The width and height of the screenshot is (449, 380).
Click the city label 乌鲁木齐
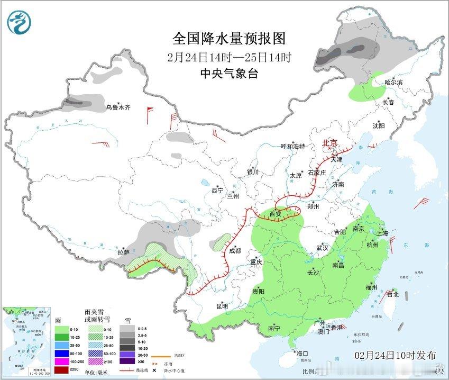[117, 107]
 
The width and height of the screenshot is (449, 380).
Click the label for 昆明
[222, 306]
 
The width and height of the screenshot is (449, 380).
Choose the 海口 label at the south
[302, 354]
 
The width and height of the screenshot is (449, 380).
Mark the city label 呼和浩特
[292, 147]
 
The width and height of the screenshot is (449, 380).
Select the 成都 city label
[235, 251]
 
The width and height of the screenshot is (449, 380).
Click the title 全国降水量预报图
[229, 39]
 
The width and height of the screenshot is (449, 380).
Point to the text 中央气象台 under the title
[229, 74]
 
